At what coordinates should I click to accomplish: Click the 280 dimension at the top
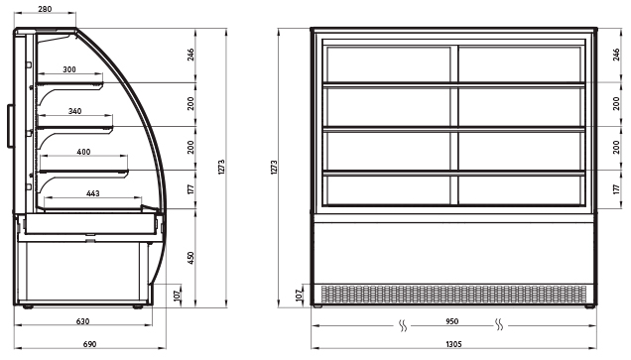click(x=45, y=9)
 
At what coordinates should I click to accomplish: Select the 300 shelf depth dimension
click(x=69, y=69)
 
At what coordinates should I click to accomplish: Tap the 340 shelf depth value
click(x=74, y=111)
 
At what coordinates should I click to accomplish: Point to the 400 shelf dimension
click(x=83, y=152)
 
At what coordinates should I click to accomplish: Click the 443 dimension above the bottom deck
click(x=92, y=193)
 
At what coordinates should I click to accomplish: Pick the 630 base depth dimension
click(x=83, y=321)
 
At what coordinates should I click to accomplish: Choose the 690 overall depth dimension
click(x=89, y=344)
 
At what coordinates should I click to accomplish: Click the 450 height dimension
click(x=190, y=258)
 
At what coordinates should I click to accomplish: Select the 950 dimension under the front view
click(x=452, y=321)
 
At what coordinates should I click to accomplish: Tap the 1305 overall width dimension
click(x=454, y=344)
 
